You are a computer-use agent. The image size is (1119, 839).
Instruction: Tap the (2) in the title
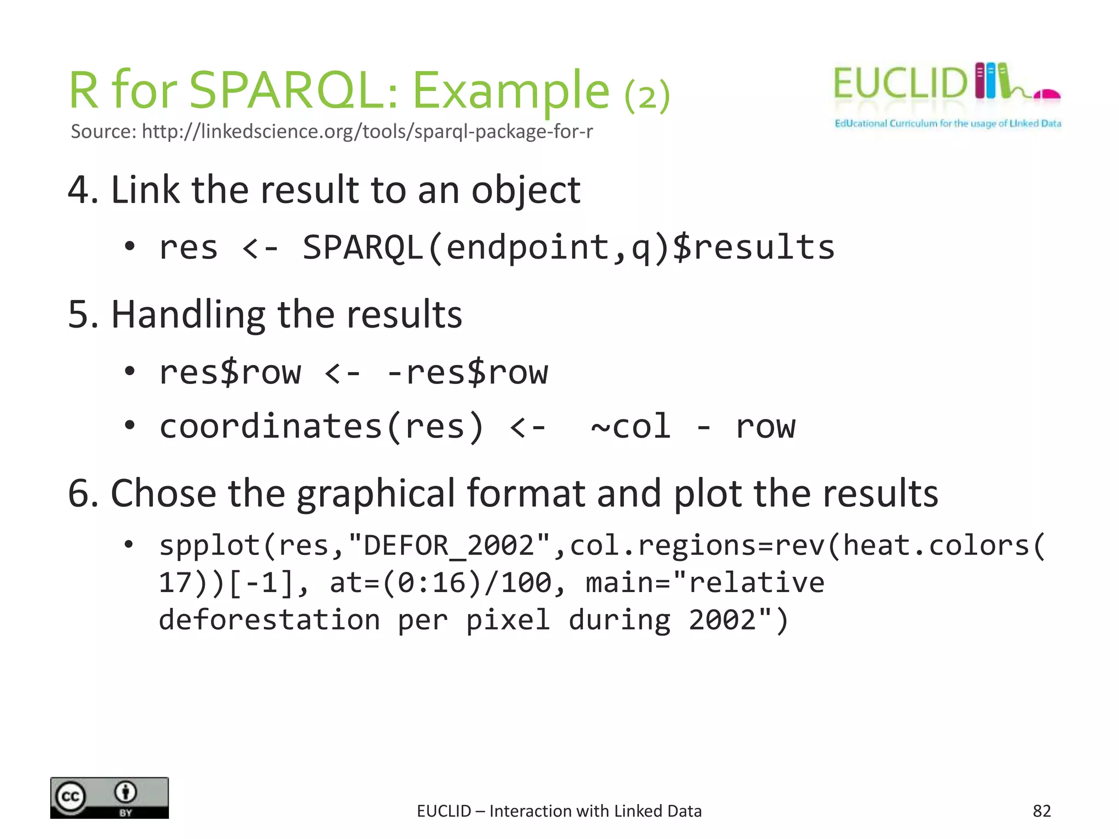647,96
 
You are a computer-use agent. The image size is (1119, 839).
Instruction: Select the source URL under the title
331,132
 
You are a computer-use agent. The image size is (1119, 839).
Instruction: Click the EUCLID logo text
899,84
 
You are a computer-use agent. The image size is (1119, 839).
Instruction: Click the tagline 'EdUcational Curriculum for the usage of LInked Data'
947,123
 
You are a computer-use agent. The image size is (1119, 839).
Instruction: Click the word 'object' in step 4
525,191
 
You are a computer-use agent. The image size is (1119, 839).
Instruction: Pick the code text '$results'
754,247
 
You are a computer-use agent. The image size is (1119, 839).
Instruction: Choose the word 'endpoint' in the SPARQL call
527,247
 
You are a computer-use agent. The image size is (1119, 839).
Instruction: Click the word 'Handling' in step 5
188,315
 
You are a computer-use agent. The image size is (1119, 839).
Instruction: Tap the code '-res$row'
467,373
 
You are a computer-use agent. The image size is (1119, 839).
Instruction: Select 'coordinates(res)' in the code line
321,427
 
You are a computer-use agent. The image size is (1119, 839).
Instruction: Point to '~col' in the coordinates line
631,427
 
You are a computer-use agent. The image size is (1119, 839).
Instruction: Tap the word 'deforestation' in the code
269,620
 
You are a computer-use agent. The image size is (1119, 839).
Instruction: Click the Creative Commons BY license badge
109,798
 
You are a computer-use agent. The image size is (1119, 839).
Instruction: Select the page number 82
1041,811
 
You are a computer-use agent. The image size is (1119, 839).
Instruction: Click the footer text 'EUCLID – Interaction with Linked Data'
559,811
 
